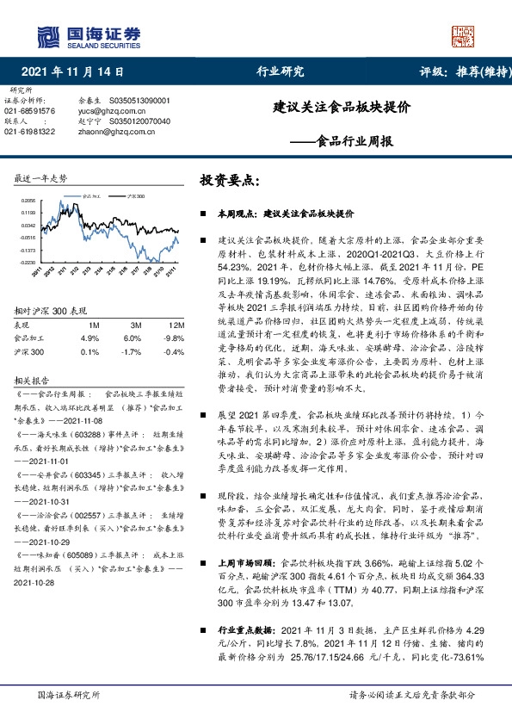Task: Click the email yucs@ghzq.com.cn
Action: coord(109,111)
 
